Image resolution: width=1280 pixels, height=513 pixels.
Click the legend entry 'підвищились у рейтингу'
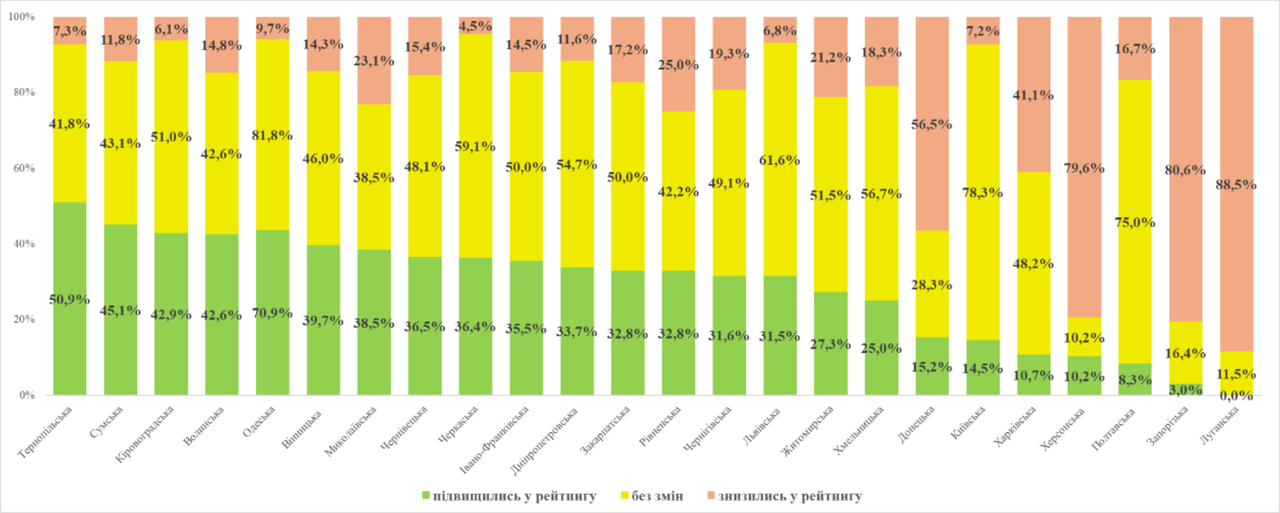pos(508,496)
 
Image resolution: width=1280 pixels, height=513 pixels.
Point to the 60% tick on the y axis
pos(23,168)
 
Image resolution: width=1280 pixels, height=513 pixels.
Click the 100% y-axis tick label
pos(20,16)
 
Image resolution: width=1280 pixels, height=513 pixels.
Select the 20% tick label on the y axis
pos(23,320)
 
